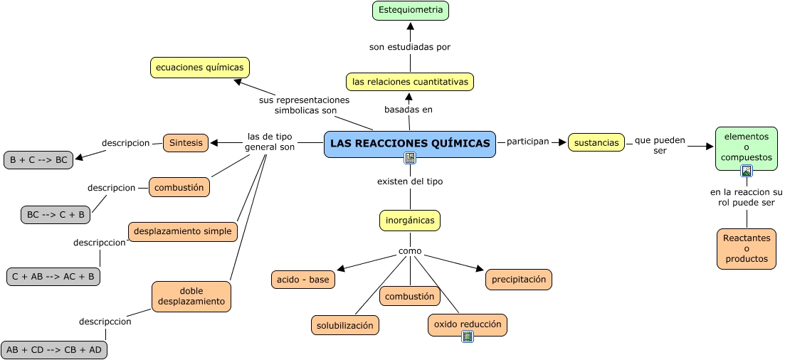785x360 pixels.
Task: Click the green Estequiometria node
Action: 411,10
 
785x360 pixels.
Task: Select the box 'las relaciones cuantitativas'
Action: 410,82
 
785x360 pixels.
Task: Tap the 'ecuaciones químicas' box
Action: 200,68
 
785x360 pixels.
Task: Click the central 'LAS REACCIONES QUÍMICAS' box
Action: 410,144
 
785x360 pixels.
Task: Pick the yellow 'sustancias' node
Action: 596,142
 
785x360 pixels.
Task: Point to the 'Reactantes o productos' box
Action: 747,249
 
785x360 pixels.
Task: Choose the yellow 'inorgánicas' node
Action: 410,221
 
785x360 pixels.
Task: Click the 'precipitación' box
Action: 519,280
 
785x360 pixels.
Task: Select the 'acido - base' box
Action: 303,280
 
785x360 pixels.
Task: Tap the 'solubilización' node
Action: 345,325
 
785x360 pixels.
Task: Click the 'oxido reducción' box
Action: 468,324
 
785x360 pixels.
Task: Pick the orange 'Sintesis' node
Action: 186,142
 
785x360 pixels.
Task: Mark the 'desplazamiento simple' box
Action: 183,231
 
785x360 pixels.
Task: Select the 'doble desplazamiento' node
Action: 191,296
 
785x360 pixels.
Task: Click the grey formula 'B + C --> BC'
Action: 39,160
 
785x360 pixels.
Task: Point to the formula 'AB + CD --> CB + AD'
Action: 54,350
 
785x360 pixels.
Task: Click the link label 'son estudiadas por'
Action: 410,47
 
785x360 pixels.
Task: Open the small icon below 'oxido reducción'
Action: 468,337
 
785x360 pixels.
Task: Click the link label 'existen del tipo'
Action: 410,181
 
